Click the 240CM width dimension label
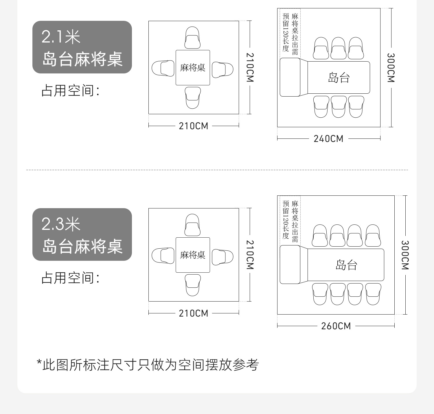[328, 139]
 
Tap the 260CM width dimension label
[336, 326]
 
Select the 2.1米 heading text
[61, 37]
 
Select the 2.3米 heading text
[61, 224]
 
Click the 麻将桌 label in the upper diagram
[193, 68]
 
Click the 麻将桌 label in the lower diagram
[193, 255]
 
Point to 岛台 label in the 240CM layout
[339, 77]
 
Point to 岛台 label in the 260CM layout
[346, 265]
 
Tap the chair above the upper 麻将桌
[192, 38]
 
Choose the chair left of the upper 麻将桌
[163, 69]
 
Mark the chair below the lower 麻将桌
[193, 285]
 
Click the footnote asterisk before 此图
[39, 363]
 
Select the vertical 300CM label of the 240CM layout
[391, 68]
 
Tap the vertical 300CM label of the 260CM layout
[405, 255]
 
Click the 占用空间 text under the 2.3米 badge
[70, 278]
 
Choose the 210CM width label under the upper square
[193, 126]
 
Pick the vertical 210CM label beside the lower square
[250, 255]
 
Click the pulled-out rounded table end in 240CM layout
[290, 77]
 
